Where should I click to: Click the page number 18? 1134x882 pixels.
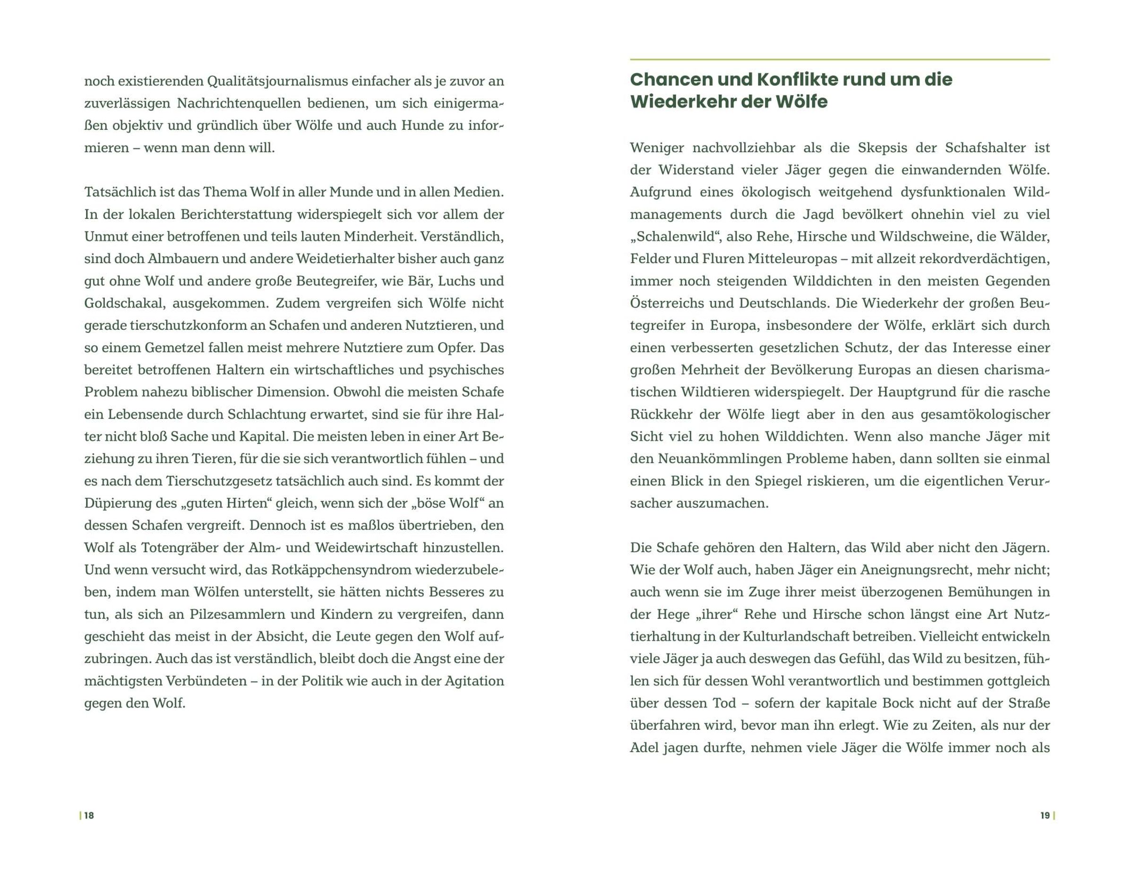click(89, 815)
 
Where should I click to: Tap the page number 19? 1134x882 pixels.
click(1045, 815)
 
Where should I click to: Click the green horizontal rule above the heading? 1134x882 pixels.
click(840, 60)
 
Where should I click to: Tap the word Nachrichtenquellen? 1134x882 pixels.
click(238, 103)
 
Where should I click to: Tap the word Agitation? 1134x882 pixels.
click(474, 681)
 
